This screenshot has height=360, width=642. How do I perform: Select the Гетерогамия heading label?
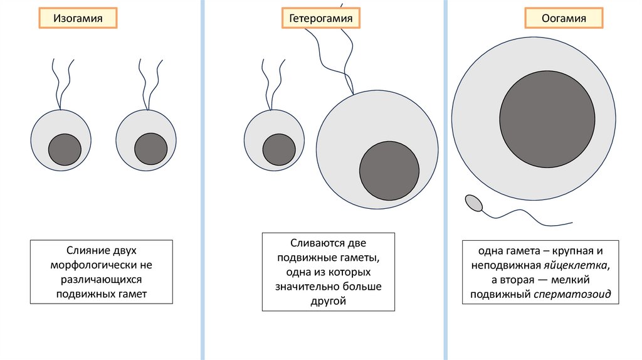click(x=320, y=19)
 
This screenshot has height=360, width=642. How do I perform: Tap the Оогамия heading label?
click(x=564, y=19)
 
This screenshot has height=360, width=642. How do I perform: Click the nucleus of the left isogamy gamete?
click(x=65, y=149)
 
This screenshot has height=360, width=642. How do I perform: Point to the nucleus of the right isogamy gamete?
click(x=150, y=149)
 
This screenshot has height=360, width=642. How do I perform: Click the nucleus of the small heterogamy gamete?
click(x=279, y=150)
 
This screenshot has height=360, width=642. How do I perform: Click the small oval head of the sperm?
click(x=473, y=203)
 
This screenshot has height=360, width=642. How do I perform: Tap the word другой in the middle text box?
click(x=329, y=302)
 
